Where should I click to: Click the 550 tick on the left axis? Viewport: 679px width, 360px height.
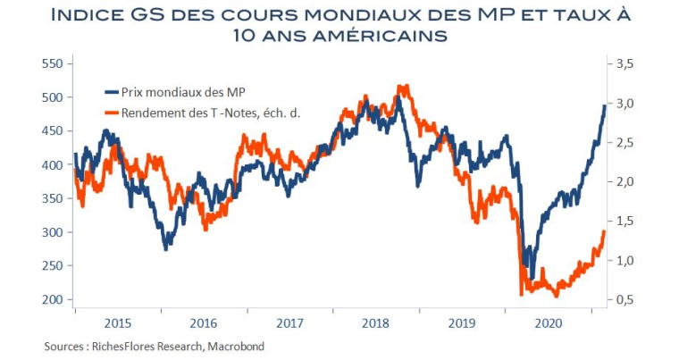53,63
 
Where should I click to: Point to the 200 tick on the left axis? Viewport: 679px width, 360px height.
53,299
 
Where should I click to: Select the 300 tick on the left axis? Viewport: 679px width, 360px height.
53,232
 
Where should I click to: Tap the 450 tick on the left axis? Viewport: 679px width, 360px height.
53,130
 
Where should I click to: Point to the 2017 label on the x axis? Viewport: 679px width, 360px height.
291,323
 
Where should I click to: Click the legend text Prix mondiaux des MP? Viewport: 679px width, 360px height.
179,91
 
